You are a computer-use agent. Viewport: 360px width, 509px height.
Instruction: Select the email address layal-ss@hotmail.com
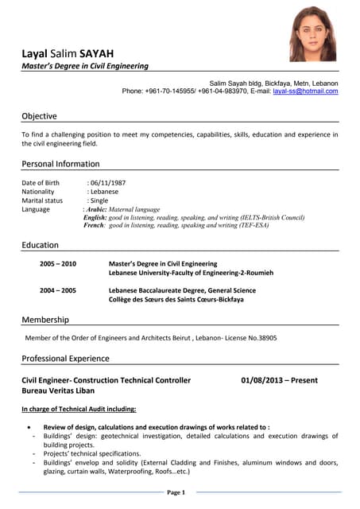[305, 91]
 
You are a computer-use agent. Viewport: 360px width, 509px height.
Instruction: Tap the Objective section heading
[39, 116]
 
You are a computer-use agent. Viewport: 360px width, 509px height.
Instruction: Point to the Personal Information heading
[60, 164]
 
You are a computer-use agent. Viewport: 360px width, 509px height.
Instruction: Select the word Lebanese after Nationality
[104, 192]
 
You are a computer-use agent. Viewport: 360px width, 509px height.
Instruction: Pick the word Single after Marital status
[99, 200]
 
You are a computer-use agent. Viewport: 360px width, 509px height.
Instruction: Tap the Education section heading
[40, 245]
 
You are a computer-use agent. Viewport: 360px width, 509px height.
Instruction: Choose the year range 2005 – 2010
[58, 263]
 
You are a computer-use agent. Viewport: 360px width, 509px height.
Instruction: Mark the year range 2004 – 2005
[58, 290]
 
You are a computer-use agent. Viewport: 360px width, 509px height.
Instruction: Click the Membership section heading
[45, 320]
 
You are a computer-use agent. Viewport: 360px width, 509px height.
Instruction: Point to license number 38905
[265, 338]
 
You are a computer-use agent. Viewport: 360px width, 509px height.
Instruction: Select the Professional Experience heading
[65, 359]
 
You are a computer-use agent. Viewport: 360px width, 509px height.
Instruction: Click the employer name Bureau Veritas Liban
[58, 392]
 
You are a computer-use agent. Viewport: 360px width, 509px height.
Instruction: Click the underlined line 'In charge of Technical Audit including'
[79, 409]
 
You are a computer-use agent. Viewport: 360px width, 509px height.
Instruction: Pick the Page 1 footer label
[176, 493]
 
